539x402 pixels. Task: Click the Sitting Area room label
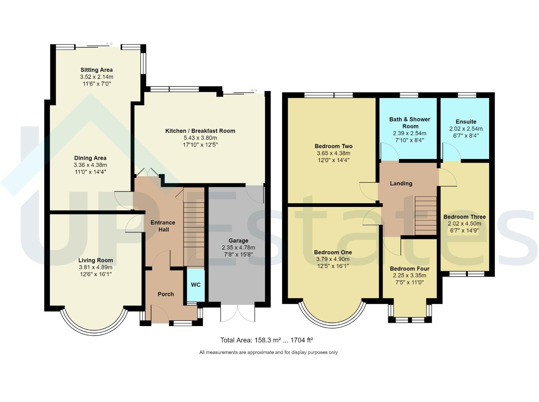pos(96,70)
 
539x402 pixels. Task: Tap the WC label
pos(196,285)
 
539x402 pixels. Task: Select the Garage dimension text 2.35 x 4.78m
pos(238,248)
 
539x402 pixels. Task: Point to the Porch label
pos(166,294)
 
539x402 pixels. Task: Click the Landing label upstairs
pos(401,184)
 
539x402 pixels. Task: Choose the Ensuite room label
pos(466,122)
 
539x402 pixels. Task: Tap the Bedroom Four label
pos(409,269)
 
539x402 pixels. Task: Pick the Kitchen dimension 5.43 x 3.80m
pos(200,138)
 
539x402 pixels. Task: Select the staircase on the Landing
pos(425,216)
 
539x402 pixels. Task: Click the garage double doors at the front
pos(238,313)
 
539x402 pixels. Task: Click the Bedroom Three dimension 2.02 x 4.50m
pos(464,224)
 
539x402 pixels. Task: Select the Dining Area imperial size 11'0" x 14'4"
pos(90,172)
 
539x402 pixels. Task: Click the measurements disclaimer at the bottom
pos(268,352)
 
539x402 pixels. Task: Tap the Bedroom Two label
pos(334,146)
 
